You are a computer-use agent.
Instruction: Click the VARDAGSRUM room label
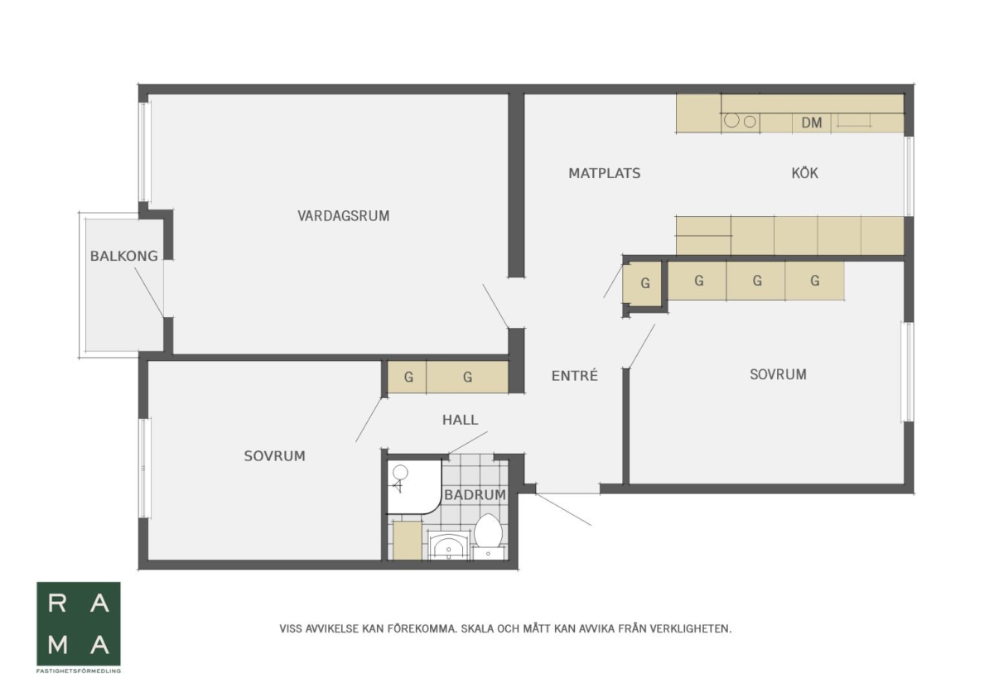[x=343, y=216]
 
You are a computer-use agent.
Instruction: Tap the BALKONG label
[x=123, y=256]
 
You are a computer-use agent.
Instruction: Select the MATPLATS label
[x=605, y=173]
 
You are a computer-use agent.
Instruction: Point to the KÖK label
[x=804, y=172]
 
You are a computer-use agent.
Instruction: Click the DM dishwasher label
[x=812, y=123]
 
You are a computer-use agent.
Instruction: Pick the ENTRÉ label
[x=575, y=375]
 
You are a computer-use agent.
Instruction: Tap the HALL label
[x=461, y=420]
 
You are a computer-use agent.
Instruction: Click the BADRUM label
[x=475, y=494]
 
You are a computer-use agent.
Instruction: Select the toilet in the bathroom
[x=488, y=536]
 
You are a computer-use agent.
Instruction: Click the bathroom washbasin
[x=448, y=546]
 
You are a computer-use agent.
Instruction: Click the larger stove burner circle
[x=731, y=120]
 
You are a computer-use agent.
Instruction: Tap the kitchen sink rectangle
[x=853, y=121]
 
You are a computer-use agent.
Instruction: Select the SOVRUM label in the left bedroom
[x=275, y=456]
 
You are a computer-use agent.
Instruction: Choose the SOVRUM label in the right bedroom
[x=778, y=374]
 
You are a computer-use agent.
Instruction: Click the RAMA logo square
[x=79, y=623]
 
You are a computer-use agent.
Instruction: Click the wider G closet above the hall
[x=467, y=377]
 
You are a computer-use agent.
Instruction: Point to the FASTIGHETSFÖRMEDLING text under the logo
[x=79, y=671]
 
